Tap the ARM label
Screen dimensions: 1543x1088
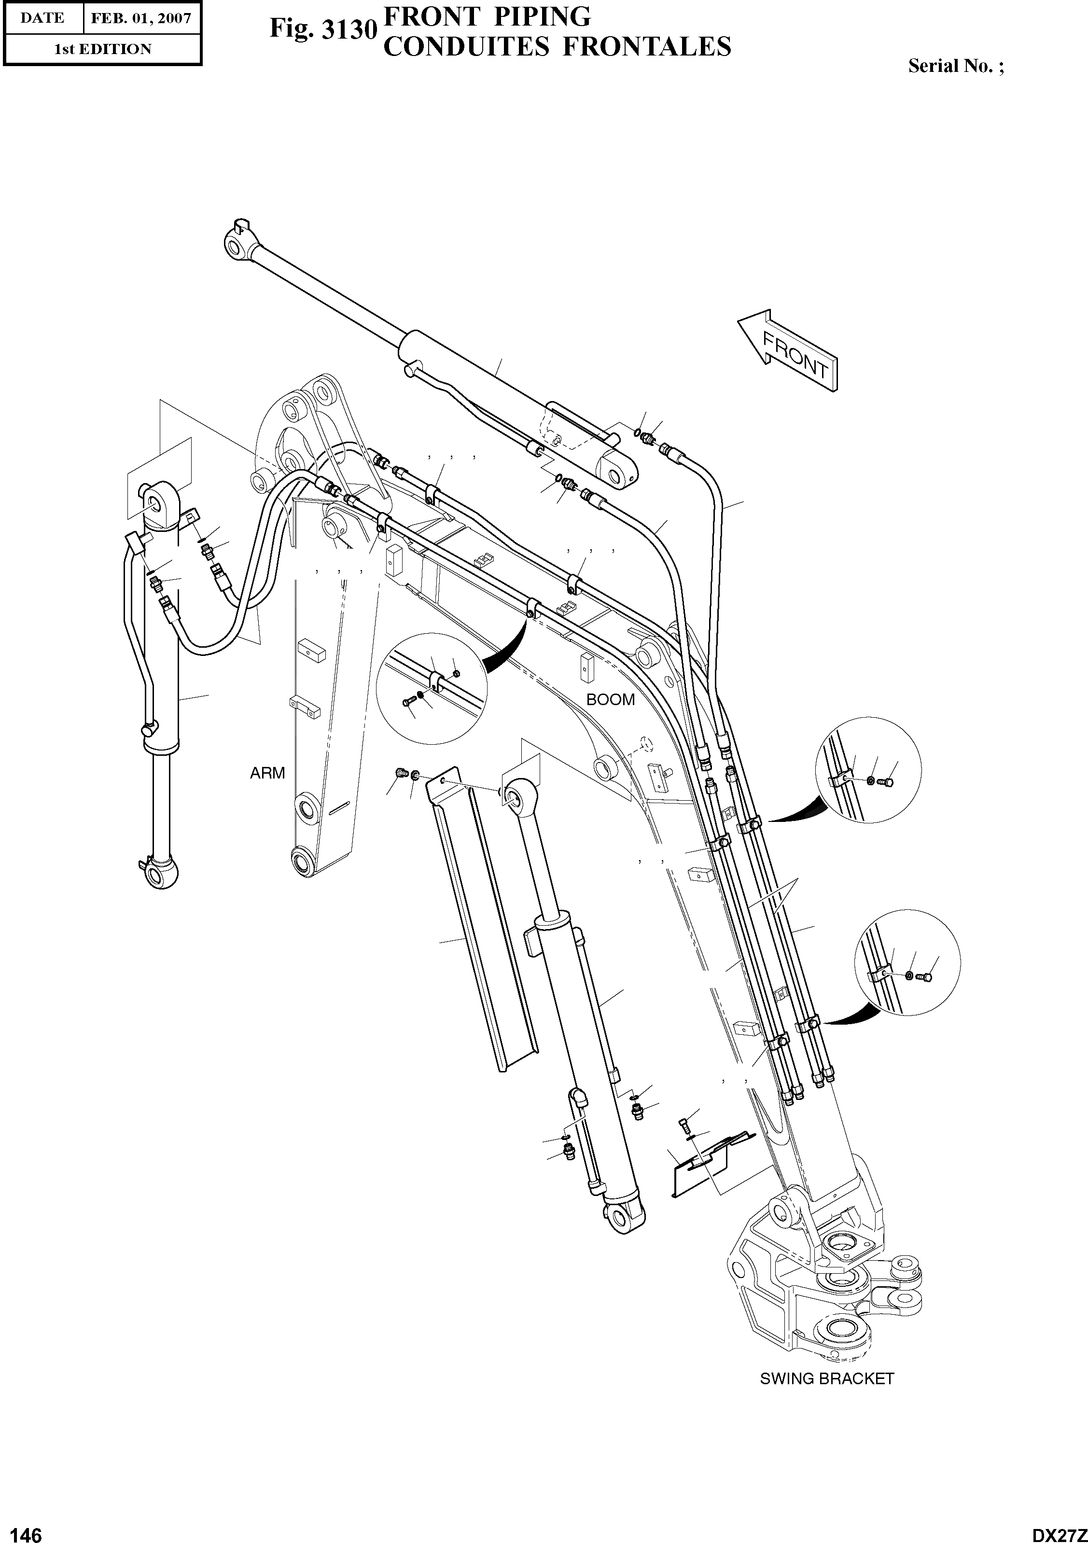tap(267, 774)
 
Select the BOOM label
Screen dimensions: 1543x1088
tap(610, 700)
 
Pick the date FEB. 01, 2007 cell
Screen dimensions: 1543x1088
tap(141, 18)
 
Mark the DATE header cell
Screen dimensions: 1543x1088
tap(42, 18)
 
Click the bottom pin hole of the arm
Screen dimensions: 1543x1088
tap(303, 862)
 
